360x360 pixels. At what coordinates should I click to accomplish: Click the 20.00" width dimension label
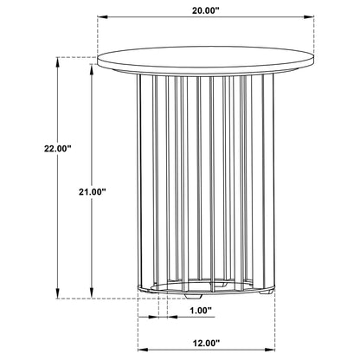[206, 10]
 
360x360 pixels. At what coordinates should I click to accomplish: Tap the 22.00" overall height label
[57, 149]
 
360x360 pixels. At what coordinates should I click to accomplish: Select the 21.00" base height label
[93, 192]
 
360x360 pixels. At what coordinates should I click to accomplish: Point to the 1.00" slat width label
[201, 311]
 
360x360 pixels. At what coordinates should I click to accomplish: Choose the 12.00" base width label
[206, 343]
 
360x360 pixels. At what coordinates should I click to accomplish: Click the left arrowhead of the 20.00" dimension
[102, 17]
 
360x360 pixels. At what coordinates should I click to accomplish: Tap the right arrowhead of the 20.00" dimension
[309, 17]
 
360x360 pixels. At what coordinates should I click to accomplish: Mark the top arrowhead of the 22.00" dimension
[58, 62]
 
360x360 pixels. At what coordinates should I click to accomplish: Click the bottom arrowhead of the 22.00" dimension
[58, 293]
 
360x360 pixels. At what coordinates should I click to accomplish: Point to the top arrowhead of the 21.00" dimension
[92, 69]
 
